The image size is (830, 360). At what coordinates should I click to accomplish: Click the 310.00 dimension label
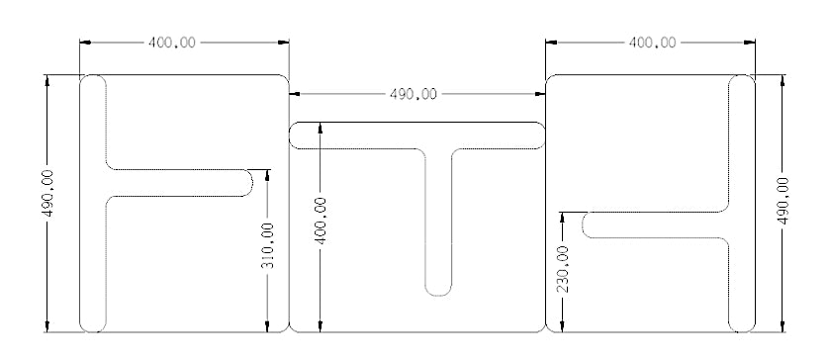268,245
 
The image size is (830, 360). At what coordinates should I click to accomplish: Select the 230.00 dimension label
563,269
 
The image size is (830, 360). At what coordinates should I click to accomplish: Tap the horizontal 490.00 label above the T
414,94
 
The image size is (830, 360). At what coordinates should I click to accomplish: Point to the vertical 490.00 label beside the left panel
48,193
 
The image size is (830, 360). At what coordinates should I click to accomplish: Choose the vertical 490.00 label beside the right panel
783,201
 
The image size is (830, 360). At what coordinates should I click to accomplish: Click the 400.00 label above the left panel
171,43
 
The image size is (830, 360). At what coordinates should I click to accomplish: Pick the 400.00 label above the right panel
652,43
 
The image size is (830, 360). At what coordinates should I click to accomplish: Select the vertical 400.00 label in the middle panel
321,221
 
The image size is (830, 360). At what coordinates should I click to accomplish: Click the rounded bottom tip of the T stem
438,296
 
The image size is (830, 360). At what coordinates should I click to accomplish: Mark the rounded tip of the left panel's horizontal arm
252,183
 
